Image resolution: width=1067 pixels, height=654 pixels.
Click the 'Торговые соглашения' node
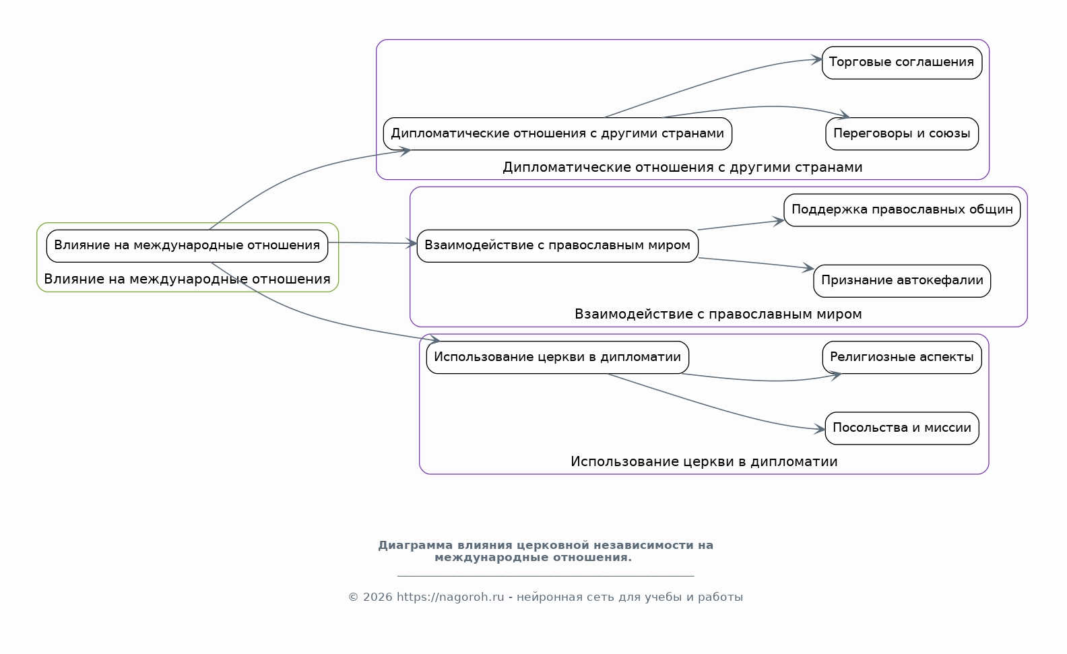click(902, 63)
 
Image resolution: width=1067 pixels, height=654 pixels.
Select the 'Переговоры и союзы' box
click(902, 134)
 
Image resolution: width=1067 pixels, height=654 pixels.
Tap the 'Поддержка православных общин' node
click(902, 210)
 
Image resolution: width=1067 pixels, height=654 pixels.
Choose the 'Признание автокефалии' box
click(902, 281)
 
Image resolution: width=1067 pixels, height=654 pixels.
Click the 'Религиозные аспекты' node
click(902, 357)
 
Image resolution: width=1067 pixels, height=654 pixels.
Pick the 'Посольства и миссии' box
click(902, 428)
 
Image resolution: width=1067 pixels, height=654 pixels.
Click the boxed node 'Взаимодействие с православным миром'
click(557, 246)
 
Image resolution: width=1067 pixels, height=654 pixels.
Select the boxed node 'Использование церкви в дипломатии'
click(557, 357)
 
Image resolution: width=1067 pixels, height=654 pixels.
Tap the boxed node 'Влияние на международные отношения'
click(187, 246)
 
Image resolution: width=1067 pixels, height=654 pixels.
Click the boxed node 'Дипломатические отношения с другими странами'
click(557, 134)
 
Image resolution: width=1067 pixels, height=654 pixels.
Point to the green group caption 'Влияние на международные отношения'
click(187, 279)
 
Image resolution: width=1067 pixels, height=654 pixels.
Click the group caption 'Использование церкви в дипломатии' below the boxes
click(704, 461)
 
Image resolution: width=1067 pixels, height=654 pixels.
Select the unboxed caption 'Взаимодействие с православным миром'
click(718, 315)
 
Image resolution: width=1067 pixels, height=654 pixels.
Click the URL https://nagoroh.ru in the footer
click(450, 597)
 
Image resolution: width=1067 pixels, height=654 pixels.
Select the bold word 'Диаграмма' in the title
click(416, 545)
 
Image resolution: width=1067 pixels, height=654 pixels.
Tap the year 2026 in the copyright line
click(378, 597)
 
